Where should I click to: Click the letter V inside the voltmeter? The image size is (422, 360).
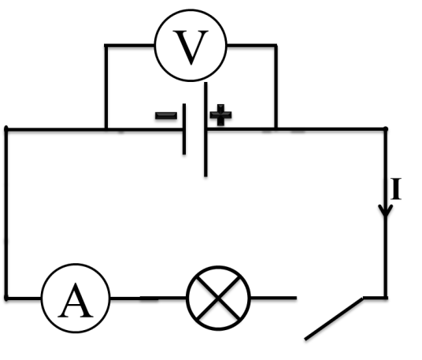(x=191, y=48)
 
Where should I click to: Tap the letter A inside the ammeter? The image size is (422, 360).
(x=76, y=300)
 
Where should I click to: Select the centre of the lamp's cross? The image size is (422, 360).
(x=218, y=298)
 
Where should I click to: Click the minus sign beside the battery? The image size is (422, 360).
(x=166, y=116)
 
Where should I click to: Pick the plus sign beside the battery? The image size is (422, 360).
(x=220, y=115)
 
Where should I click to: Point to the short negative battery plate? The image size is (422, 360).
(x=184, y=129)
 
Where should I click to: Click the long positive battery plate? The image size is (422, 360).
(x=205, y=129)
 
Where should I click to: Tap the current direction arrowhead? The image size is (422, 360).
(x=386, y=210)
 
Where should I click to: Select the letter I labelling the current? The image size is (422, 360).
(x=395, y=189)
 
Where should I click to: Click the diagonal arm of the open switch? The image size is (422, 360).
(x=334, y=319)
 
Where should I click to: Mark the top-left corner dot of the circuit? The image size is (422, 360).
(x=6, y=129)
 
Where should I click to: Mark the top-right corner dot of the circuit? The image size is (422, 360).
(x=386, y=129)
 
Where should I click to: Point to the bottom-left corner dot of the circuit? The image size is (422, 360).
(x=6, y=298)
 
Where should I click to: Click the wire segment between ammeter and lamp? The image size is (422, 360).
(x=148, y=298)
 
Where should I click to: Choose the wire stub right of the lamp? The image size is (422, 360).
(x=273, y=298)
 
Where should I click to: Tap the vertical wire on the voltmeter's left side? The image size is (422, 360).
(x=106, y=87)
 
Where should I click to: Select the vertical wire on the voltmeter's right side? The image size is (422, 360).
(x=276, y=87)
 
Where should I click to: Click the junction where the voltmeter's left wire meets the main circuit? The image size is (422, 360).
(x=106, y=130)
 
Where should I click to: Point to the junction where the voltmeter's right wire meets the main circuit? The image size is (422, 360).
(x=276, y=129)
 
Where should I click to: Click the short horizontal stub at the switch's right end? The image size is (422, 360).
(x=376, y=298)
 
